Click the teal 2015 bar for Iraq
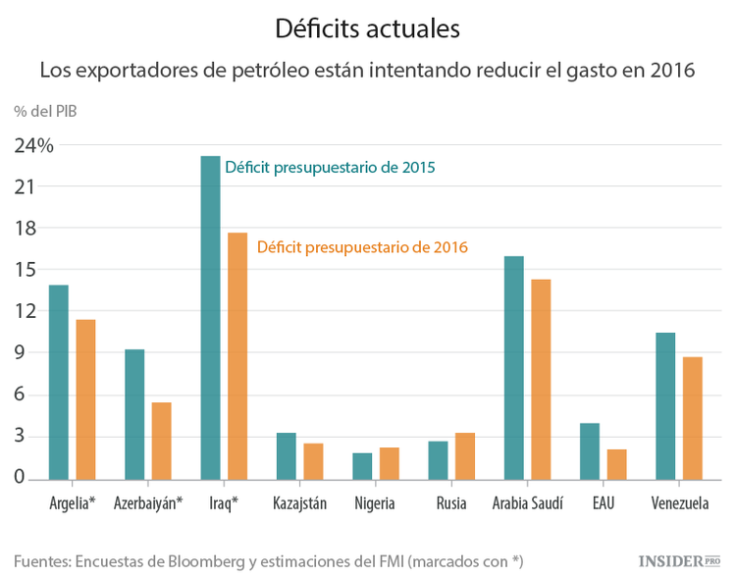(210, 318)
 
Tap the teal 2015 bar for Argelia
(59, 382)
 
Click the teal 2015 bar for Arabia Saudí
(513, 367)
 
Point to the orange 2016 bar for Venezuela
(693, 418)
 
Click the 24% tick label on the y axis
(33, 145)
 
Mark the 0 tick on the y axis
(19, 478)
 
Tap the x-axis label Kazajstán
(299, 503)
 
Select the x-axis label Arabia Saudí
(528, 503)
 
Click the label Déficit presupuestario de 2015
(330, 168)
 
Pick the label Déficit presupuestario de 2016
(362, 247)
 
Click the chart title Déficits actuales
(367, 29)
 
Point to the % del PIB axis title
(45, 110)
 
